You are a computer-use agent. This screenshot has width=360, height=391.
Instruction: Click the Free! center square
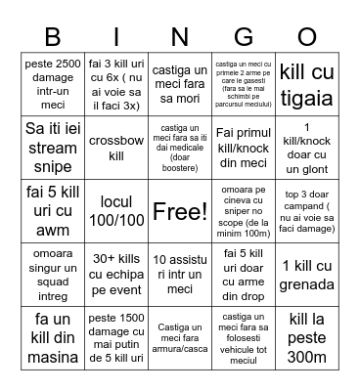point(180,211)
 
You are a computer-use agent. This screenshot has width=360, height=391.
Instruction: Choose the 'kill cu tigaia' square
point(307,82)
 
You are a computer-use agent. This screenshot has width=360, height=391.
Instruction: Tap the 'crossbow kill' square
point(115,147)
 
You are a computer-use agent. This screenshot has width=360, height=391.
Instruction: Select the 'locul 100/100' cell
point(115,211)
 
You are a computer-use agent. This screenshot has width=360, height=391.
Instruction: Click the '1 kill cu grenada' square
point(307,275)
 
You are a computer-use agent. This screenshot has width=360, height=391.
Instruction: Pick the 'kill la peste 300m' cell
point(307,338)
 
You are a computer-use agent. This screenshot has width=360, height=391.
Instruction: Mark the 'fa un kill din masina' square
point(52,338)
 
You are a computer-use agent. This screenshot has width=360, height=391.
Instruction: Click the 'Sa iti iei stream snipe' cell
point(52,147)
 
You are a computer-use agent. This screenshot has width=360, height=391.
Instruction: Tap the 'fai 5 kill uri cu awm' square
point(52,211)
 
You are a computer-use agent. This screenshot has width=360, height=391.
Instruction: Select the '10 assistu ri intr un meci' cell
point(180,275)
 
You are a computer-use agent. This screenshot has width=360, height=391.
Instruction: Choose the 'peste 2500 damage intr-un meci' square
point(52,82)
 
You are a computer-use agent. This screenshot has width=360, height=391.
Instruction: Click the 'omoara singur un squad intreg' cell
point(52,275)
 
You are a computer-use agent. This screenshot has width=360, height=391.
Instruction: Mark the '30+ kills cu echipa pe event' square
point(115,275)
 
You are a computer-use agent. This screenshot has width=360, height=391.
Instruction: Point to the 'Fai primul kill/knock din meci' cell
point(244,147)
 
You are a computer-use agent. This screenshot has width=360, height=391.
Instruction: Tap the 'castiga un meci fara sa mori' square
point(180,82)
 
